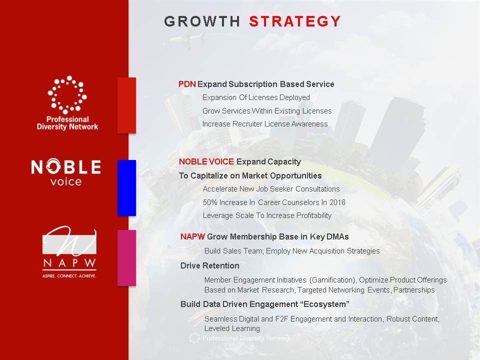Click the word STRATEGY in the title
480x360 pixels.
click(x=295, y=21)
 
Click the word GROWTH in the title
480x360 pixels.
click(x=202, y=21)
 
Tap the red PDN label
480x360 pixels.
click(x=187, y=84)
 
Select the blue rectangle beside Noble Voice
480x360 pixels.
click(x=126, y=188)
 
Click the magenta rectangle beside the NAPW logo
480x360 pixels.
click(x=126, y=258)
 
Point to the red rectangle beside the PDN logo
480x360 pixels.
click(x=126, y=105)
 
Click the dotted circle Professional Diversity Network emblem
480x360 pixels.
click(x=67, y=94)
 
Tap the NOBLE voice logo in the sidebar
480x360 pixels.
click(x=66, y=172)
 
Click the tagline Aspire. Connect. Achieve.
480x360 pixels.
click(x=69, y=276)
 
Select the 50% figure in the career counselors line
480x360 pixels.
click(x=209, y=202)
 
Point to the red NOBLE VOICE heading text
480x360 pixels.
click(x=206, y=161)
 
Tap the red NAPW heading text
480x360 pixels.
click(x=192, y=236)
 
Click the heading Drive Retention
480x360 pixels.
click(x=209, y=265)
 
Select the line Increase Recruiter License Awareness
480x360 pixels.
click(x=265, y=124)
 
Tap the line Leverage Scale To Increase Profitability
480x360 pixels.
click(x=267, y=215)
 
